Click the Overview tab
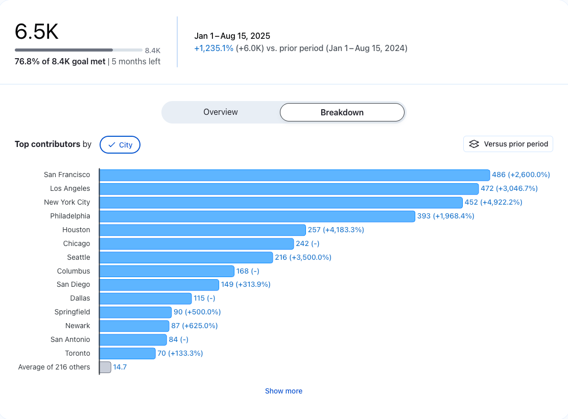[221, 112]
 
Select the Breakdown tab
[342, 112]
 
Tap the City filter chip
[120, 145]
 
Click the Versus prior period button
[508, 144]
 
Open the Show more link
[283, 391]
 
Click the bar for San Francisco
[294, 175]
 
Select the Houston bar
[202, 230]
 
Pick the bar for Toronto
[127, 353]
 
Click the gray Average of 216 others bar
[105, 367]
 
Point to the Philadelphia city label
[70, 216]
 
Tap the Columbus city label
[74, 271]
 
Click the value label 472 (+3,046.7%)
[509, 188]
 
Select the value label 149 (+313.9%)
[245, 284]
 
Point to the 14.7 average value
[120, 367]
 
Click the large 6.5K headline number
[37, 32]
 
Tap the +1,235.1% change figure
[214, 48]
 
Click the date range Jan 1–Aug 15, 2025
[232, 36]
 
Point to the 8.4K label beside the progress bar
[153, 51]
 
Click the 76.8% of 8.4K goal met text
[60, 62]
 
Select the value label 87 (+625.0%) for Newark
[194, 326]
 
